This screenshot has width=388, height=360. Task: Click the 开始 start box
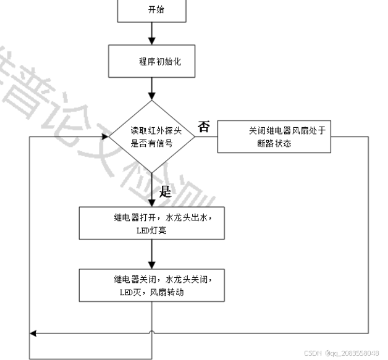point(152,10)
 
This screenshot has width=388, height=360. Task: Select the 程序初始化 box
point(152,62)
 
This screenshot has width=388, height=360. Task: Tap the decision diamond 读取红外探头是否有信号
point(152,136)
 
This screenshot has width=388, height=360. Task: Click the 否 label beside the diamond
point(203,127)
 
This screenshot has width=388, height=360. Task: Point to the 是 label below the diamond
point(165,191)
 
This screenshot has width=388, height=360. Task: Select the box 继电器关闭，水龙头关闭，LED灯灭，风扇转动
point(152,285)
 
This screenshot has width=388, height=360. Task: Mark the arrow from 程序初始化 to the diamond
point(152,90)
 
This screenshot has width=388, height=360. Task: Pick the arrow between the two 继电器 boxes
point(152,254)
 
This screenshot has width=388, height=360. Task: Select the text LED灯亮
point(151,230)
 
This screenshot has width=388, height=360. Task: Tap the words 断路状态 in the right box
point(274,143)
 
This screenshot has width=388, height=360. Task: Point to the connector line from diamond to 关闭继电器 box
point(206,136)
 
